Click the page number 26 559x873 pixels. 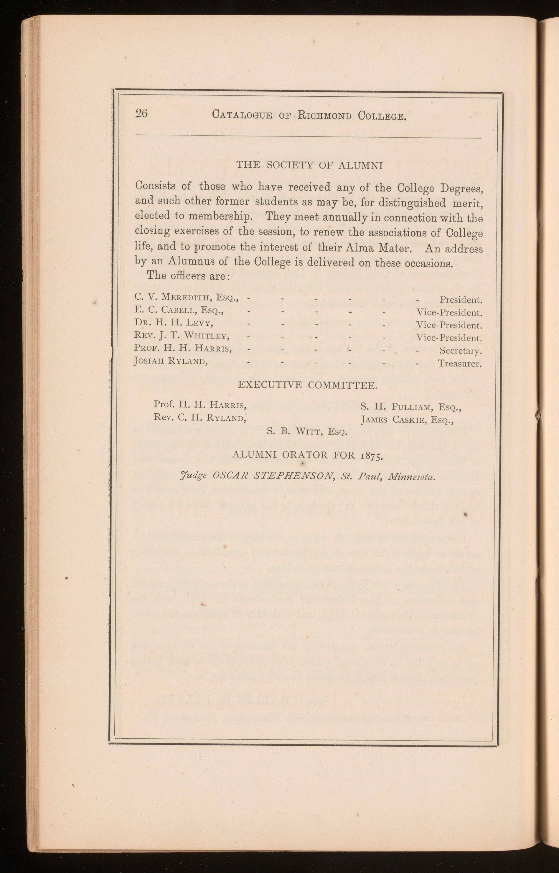point(141,113)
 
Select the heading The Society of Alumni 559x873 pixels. point(310,166)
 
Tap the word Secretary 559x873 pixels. point(461,351)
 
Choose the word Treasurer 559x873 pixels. point(459,363)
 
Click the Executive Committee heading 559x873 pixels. point(307,385)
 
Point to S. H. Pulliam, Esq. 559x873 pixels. point(410,407)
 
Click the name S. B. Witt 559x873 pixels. point(307,432)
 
